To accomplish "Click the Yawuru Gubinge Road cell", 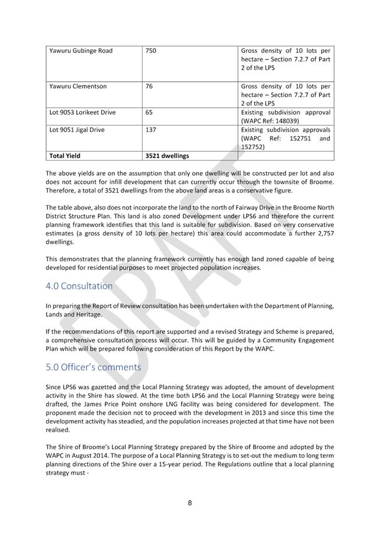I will tap(81, 51).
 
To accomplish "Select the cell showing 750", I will tap(151, 51).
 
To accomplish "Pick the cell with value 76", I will tap(149, 86).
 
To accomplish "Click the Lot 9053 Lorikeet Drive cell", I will tap(82, 112).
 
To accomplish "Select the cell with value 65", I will tap(149, 112).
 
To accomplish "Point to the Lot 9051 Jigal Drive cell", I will tap(77, 130).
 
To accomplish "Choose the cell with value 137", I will tap(151, 130).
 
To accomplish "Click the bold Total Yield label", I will tap(65, 156).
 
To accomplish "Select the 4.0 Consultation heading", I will tap(79, 286).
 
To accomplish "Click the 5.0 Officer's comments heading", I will tap(93, 367).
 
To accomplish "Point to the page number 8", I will tap(190, 503).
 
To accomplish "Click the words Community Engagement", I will tap(302, 340).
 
